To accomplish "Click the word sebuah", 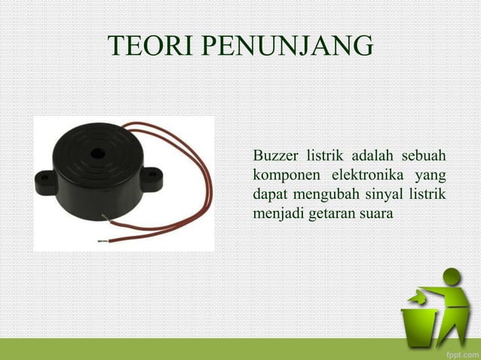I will click(423, 157).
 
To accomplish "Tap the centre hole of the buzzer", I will click(96, 153).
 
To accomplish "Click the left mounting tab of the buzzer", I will click(43, 179).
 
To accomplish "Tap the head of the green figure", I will click(452, 277).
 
